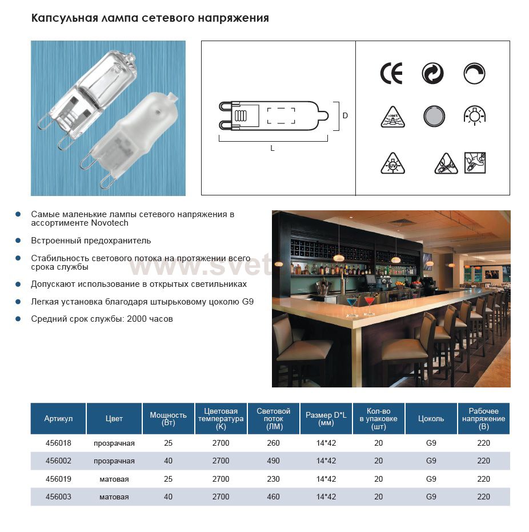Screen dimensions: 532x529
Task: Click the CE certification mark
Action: (391, 74)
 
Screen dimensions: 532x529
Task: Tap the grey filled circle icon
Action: (434, 117)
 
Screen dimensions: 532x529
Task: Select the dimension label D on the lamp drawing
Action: (345, 115)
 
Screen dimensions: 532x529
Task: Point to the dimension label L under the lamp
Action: (272, 148)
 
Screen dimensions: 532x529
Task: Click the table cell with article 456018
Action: (58, 443)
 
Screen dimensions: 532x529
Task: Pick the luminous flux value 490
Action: (273, 461)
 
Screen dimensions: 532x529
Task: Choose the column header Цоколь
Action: (431, 419)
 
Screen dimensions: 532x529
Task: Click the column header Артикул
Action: (58, 419)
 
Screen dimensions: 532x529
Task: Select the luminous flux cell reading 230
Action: (273, 479)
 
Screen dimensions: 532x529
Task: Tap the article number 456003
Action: (58, 497)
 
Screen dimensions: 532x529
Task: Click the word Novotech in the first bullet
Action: (109, 223)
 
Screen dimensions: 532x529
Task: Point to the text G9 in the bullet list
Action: (247, 302)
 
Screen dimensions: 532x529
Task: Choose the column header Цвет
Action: (114, 419)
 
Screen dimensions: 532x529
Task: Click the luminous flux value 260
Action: (273, 443)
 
